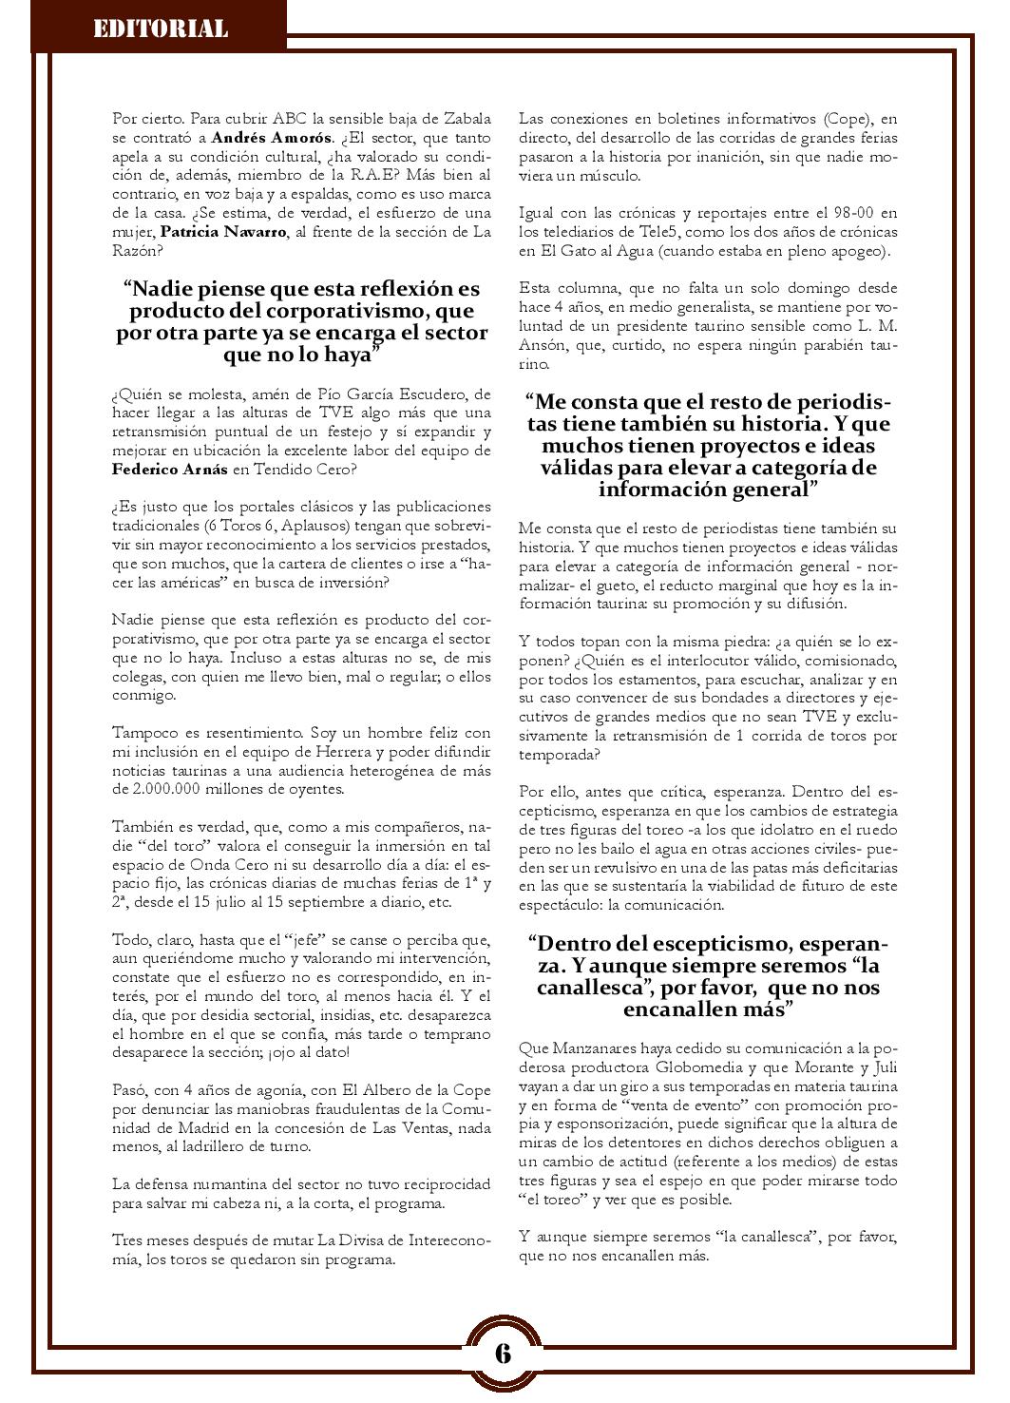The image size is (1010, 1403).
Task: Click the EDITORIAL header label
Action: [160, 29]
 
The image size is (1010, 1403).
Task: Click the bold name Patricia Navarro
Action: [222, 232]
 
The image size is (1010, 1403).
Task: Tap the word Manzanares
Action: [585, 1048]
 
